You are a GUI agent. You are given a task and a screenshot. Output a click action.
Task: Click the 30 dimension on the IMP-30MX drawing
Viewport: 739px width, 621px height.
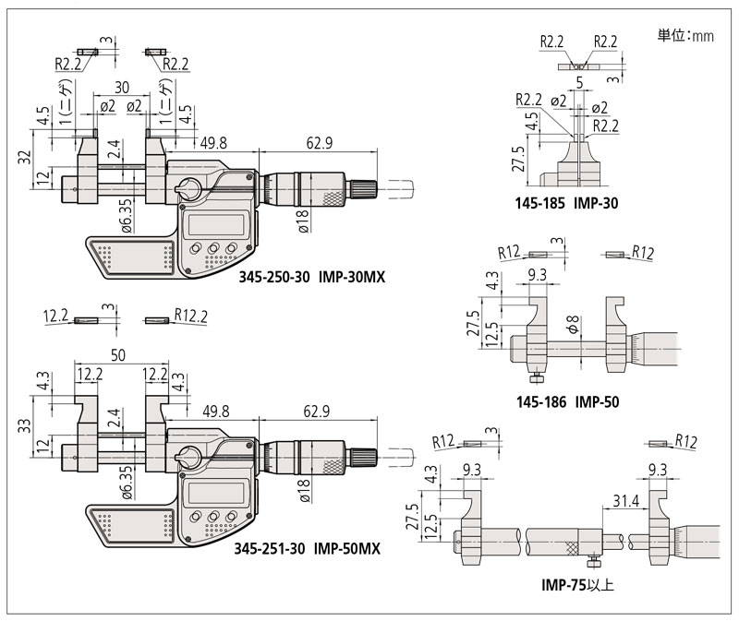pos(121,88)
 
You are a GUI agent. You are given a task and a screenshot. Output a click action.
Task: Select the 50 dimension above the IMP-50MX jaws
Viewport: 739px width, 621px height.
pos(118,355)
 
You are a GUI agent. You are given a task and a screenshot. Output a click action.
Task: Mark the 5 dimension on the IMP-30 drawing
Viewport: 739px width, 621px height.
pos(578,82)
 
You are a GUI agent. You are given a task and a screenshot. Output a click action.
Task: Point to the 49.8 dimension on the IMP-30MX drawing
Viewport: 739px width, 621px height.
pos(213,141)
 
